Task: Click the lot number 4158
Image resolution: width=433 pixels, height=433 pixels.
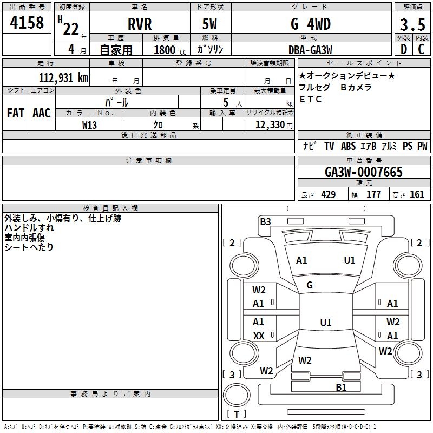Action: tap(27, 23)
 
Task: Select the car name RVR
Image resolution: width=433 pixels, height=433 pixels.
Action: tap(140, 24)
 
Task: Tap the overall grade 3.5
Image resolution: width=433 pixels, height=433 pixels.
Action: tap(412, 25)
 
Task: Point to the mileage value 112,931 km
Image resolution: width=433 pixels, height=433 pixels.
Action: tap(63, 78)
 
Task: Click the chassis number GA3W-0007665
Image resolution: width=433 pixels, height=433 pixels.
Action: tap(364, 172)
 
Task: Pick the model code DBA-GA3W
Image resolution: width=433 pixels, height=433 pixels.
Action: tap(310, 50)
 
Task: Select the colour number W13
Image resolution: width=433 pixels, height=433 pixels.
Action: tap(89, 125)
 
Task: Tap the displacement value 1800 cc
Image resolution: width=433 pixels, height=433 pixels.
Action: tap(170, 50)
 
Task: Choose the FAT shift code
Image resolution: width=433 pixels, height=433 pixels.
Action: tap(16, 113)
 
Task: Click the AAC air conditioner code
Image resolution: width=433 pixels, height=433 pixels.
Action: tap(42, 113)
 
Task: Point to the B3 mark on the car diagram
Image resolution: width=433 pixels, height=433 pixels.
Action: tap(265, 222)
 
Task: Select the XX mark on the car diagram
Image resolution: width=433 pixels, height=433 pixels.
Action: tap(259, 336)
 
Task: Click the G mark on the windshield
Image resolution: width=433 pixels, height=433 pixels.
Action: tap(310, 285)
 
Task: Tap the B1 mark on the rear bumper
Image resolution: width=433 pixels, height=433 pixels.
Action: tap(341, 388)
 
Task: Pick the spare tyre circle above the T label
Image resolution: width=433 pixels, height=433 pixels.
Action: tap(237, 395)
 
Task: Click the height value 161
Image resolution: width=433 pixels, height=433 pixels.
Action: tap(417, 194)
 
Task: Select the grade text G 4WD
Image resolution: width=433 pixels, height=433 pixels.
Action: tap(311, 24)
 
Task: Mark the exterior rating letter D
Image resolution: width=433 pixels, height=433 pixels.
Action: tap(404, 49)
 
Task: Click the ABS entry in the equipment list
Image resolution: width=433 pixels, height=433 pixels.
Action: tap(348, 146)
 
